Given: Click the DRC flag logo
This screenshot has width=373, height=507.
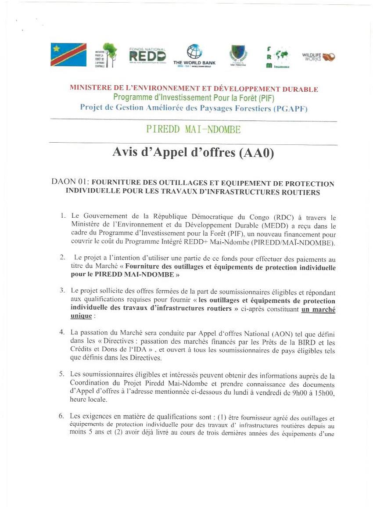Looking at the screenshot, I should pyautogui.click(x=68, y=54).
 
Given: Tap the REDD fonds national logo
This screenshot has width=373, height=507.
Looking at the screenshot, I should pyautogui.click(x=147, y=55).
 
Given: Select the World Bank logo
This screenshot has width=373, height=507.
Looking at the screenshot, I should pyautogui.click(x=194, y=55).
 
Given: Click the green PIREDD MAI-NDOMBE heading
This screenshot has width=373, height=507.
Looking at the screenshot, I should pyautogui.click(x=194, y=130).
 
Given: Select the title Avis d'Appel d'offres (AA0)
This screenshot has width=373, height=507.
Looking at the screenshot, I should pyautogui.click(x=193, y=153).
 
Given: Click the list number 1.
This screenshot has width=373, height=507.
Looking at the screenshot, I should pyautogui.click(x=63, y=216).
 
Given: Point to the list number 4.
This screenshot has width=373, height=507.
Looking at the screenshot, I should pyautogui.click(x=62, y=331).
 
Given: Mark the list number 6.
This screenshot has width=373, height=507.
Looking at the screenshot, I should pyautogui.click(x=61, y=416).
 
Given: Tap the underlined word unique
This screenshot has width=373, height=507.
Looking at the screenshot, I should pyautogui.click(x=81, y=316).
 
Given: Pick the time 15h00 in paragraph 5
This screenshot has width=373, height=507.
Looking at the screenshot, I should pyautogui.click(x=326, y=393).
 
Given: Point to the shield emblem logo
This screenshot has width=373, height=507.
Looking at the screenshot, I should pyautogui.click(x=238, y=55).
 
